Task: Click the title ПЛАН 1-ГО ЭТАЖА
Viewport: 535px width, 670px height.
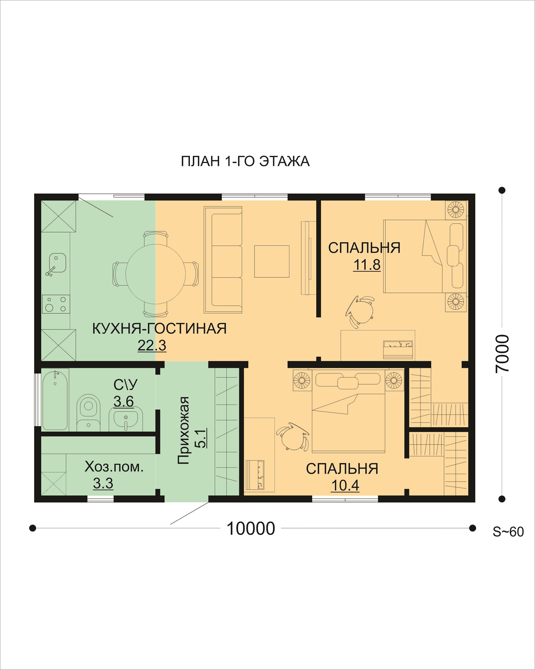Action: tap(245, 161)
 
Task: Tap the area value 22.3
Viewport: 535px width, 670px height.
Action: tap(152, 345)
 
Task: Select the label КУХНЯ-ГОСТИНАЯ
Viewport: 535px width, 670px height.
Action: tap(159, 329)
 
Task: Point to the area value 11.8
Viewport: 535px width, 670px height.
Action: tap(367, 265)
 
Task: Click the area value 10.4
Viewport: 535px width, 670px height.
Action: tap(345, 485)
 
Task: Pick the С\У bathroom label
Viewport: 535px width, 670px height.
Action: tap(125, 385)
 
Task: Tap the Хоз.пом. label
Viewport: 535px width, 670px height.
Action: tap(114, 467)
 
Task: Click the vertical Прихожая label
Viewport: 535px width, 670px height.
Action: tap(183, 430)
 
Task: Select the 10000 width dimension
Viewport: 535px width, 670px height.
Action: tap(251, 528)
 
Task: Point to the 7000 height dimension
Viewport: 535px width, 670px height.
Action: tap(502, 354)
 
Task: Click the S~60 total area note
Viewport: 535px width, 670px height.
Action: tap(508, 532)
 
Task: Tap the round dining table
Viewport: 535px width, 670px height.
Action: tap(156, 273)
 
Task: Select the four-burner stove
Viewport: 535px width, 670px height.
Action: tap(56, 304)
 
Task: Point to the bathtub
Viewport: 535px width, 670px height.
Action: tap(55, 400)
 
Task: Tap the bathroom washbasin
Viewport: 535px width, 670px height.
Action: tap(126, 420)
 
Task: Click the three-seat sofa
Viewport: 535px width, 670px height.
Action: tap(223, 259)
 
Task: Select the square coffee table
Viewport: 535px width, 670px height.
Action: tap(272, 261)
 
